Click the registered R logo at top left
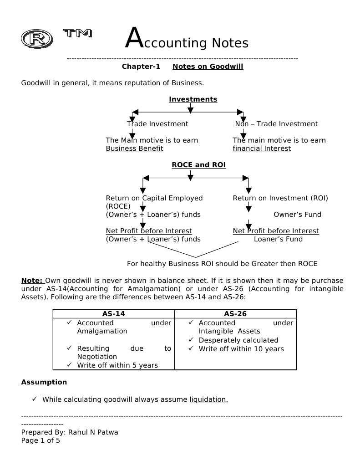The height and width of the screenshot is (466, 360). (37, 39)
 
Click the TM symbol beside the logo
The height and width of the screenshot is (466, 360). (77, 33)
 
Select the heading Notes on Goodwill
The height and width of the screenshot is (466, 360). (208, 67)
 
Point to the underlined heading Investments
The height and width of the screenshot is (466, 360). (193, 99)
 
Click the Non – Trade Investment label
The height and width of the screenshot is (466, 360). (276, 124)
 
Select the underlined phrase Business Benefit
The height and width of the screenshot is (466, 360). (134, 149)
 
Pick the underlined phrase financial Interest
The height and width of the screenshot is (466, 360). (262, 149)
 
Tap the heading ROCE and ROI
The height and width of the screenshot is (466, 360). (198, 165)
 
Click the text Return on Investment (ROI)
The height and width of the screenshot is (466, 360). (280, 198)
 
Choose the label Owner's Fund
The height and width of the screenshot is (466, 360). (297, 215)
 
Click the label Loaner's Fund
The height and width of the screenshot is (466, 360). (278, 239)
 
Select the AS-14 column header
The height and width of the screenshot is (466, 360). (114, 314)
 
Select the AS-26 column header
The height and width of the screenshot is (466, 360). (236, 314)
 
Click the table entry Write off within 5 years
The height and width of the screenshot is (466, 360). (117, 365)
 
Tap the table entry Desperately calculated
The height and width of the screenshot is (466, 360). (238, 340)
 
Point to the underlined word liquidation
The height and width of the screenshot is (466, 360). (208, 399)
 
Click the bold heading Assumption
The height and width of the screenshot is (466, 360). (44, 382)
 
